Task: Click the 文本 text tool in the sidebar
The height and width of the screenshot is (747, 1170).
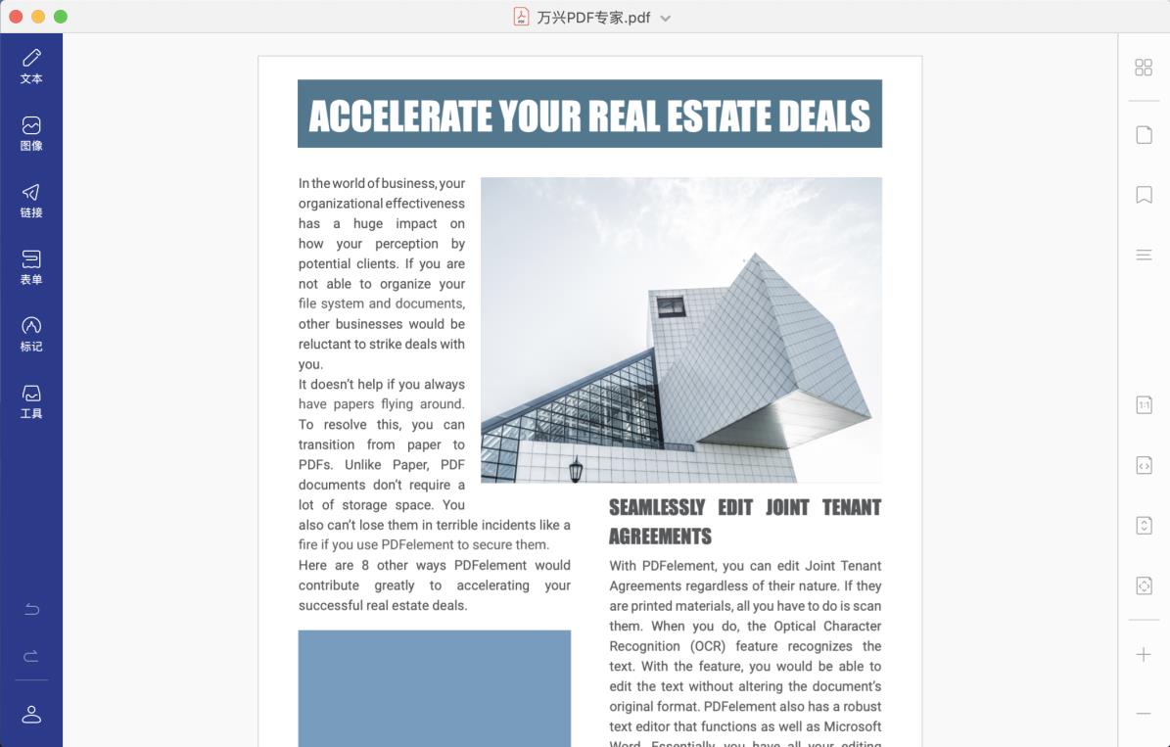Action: pyautogui.click(x=31, y=66)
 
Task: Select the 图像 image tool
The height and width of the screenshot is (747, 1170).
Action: pyautogui.click(x=31, y=133)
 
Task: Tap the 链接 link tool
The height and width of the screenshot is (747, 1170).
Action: pyautogui.click(x=31, y=200)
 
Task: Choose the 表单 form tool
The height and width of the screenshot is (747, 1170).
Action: pyautogui.click(x=31, y=266)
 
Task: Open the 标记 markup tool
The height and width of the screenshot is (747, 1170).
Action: pyautogui.click(x=31, y=334)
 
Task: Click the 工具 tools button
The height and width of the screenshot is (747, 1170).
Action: pyautogui.click(x=31, y=400)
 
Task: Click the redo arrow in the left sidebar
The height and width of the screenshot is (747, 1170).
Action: pyautogui.click(x=31, y=656)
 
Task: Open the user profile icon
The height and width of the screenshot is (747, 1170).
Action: pyautogui.click(x=31, y=714)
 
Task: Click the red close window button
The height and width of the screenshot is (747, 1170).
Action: pyautogui.click(x=16, y=17)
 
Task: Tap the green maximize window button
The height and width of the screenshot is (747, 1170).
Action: pyautogui.click(x=61, y=17)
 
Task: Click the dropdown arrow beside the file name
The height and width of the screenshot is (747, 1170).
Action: pyautogui.click(x=666, y=18)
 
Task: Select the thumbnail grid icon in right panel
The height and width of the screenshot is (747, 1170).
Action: pyautogui.click(x=1144, y=67)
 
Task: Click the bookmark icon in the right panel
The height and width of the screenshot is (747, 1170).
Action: pyautogui.click(x=1144, y=195)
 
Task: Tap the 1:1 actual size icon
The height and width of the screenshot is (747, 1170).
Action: pyautogui.click(x=1144, y=404)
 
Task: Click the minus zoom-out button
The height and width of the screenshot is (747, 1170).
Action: pyautogui.click(x=1144, y=713)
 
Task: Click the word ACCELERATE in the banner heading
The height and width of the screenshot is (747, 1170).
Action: pyautogui.click(x=400, y=116)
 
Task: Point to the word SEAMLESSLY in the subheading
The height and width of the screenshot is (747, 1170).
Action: pyautogui.click(x=657, y=507)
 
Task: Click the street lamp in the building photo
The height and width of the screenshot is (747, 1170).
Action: pyautogui.click(x=576, y=469)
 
